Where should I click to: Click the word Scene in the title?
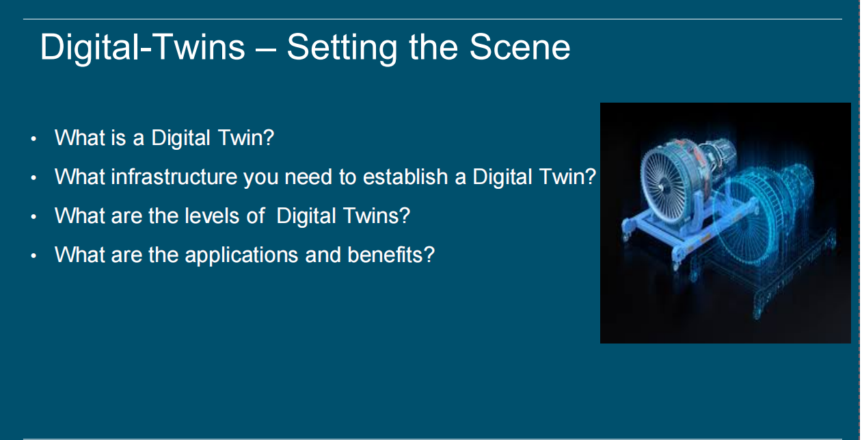520,47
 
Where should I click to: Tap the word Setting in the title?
342,49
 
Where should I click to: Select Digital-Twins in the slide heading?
142,48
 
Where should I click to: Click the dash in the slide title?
265,50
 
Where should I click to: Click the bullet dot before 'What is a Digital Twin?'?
33,139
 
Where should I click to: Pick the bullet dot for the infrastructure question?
33,178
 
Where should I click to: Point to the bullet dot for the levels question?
33,216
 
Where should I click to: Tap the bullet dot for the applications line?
33,255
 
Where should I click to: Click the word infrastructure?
174,177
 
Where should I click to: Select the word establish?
405,177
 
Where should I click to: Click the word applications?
241,256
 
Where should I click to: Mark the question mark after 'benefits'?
429,255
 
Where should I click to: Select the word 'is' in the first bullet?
118,138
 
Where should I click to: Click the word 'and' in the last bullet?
323,255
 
